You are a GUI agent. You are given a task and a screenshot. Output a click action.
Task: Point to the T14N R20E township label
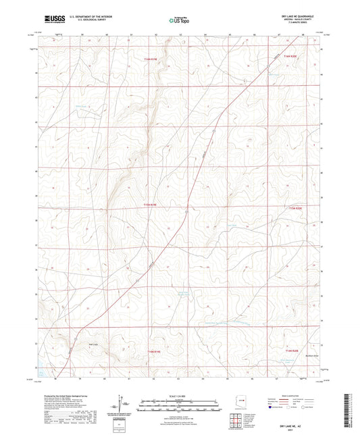[x=290, y=351]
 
